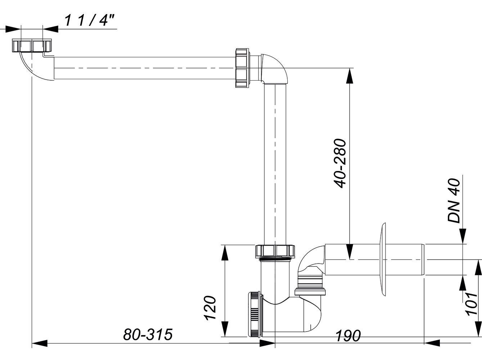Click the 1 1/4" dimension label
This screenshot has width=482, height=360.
(x=90, y=21)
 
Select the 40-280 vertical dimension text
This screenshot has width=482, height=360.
(x=340, y=163)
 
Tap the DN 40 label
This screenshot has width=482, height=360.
(x=454, y=201)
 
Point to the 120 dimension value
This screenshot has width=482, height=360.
(x=210, y=308)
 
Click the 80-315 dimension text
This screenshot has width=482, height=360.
(x=148, y=334)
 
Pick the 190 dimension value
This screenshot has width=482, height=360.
(x=348, y=336)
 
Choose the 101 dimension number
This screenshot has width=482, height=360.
(x=472, y=304)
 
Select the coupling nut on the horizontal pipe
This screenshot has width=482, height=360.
(x=242, y=68)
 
